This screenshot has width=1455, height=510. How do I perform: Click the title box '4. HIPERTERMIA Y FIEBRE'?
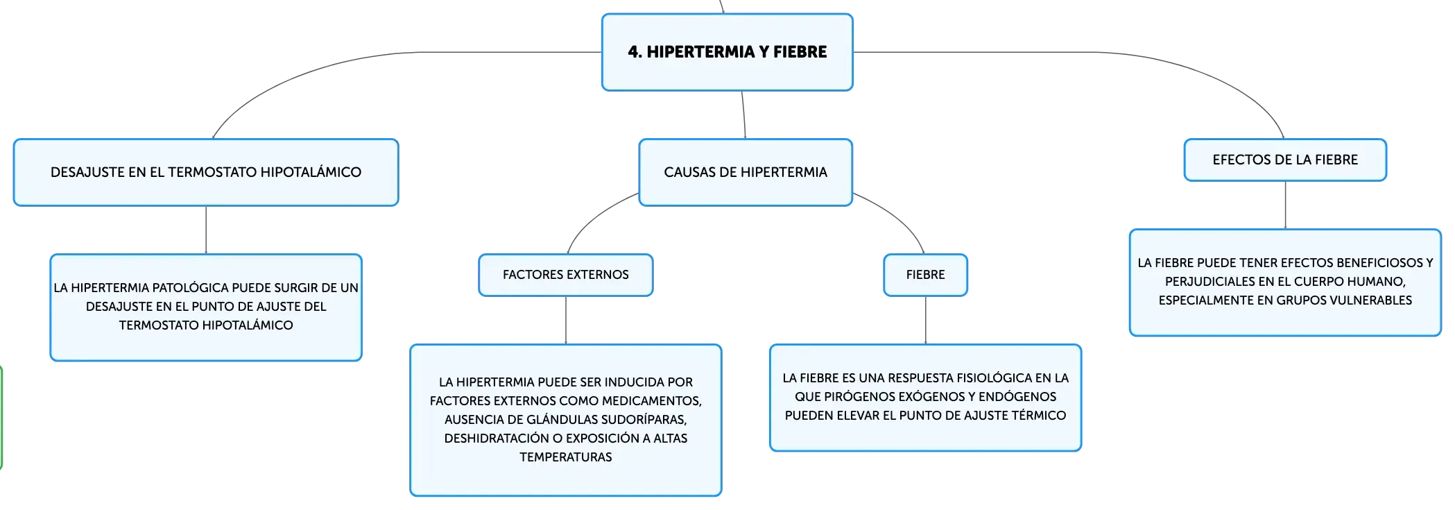pyautogui.click(x=727, y=52)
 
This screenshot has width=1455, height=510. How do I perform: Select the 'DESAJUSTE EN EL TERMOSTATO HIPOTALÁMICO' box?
pyautogui.click(x=206, y=172)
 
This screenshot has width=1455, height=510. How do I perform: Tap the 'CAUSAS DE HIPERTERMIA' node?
pyautogui.click(x=746, y=172)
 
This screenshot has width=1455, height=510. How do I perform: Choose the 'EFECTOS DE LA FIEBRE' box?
pyautogui.click(x=1285, y=160)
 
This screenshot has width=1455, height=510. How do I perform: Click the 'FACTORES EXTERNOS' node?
pyautogui.click(x=566, y=275)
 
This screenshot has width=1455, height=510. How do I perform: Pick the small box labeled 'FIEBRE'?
pyautogui.click(x=925, y=275)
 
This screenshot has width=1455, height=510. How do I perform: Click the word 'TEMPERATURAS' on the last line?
pyautogui.click(x=566, y=457)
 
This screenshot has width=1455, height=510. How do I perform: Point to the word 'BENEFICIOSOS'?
pyautogui.click(x=1379, y=263)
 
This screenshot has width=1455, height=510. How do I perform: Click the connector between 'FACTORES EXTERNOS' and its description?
pyautogui.click(x=566, y=321)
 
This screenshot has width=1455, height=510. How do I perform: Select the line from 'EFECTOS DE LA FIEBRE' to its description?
pyautogui.click(x=1285, y=205)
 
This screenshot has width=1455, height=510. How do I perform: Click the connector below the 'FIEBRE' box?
pyautogui.click(x=926, y=321)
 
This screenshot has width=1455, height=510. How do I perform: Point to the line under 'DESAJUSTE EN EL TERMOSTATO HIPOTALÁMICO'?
pyautogui.click(x=206, y=230)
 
